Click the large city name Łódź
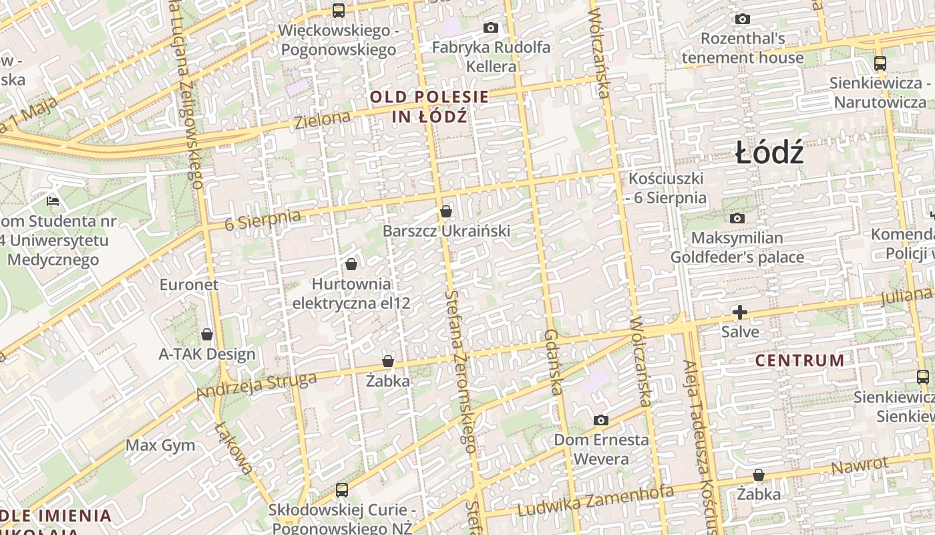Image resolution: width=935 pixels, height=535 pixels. (x=769, y=153)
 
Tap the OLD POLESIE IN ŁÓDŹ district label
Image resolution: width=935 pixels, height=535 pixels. (x=429, y=106)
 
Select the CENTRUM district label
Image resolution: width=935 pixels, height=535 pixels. (x=799, y=360)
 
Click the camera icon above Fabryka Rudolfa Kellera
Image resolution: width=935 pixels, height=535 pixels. (x=491, y=28)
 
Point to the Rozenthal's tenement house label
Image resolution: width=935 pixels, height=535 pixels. (x=743, y=48)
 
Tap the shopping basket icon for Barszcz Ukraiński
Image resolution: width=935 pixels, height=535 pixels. (x=446, y=211)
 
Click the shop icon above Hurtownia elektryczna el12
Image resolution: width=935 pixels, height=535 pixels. (x=351, y=264)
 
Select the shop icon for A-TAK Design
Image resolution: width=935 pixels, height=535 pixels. (x=207, y=334)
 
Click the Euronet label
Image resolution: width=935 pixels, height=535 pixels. (x=189, y=284)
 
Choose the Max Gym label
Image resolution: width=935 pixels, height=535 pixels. (x=160, y=445)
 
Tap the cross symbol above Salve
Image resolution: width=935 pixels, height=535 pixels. (x=740, y=312)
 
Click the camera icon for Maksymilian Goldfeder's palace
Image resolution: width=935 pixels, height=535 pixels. (x=737, y=218)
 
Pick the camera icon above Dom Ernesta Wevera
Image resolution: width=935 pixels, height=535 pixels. (x=601, y=420)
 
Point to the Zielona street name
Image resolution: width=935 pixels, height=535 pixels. (x=323, y=120)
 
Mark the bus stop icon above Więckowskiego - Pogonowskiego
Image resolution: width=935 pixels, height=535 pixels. (x=339, y=10)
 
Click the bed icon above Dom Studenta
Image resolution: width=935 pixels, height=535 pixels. (x=53, y=200)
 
